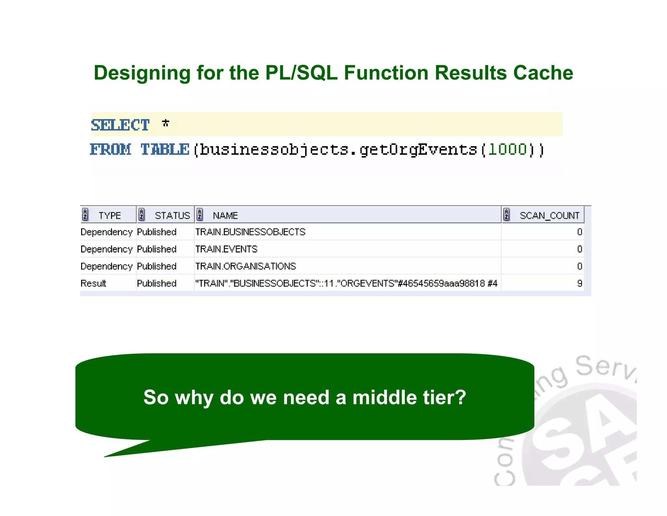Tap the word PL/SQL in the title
(x=301, y=73)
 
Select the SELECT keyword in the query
(x=120, y=125)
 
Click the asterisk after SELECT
(x=165, y=123)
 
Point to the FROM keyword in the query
(x=110, y=150)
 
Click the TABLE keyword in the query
(x=165, y=150)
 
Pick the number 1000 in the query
(x=507, y=150)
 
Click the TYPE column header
(x=109, y=215)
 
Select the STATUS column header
(x=172, y=215)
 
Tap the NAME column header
(x=225, y=215)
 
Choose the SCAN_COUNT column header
(x=549, y=215)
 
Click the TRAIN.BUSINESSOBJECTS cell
(x=250, y=232)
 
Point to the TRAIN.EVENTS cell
(x=226, y=249)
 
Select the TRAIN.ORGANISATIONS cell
(x=246, y=266)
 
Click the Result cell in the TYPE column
(x=93, y=283)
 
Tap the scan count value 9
(x=579, y=283)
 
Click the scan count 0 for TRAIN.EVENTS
(x=579, y=249)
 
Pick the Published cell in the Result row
(x=157, y=283)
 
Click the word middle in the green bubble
(x=384, y=398)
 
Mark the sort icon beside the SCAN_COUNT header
(x=506, y=215)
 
